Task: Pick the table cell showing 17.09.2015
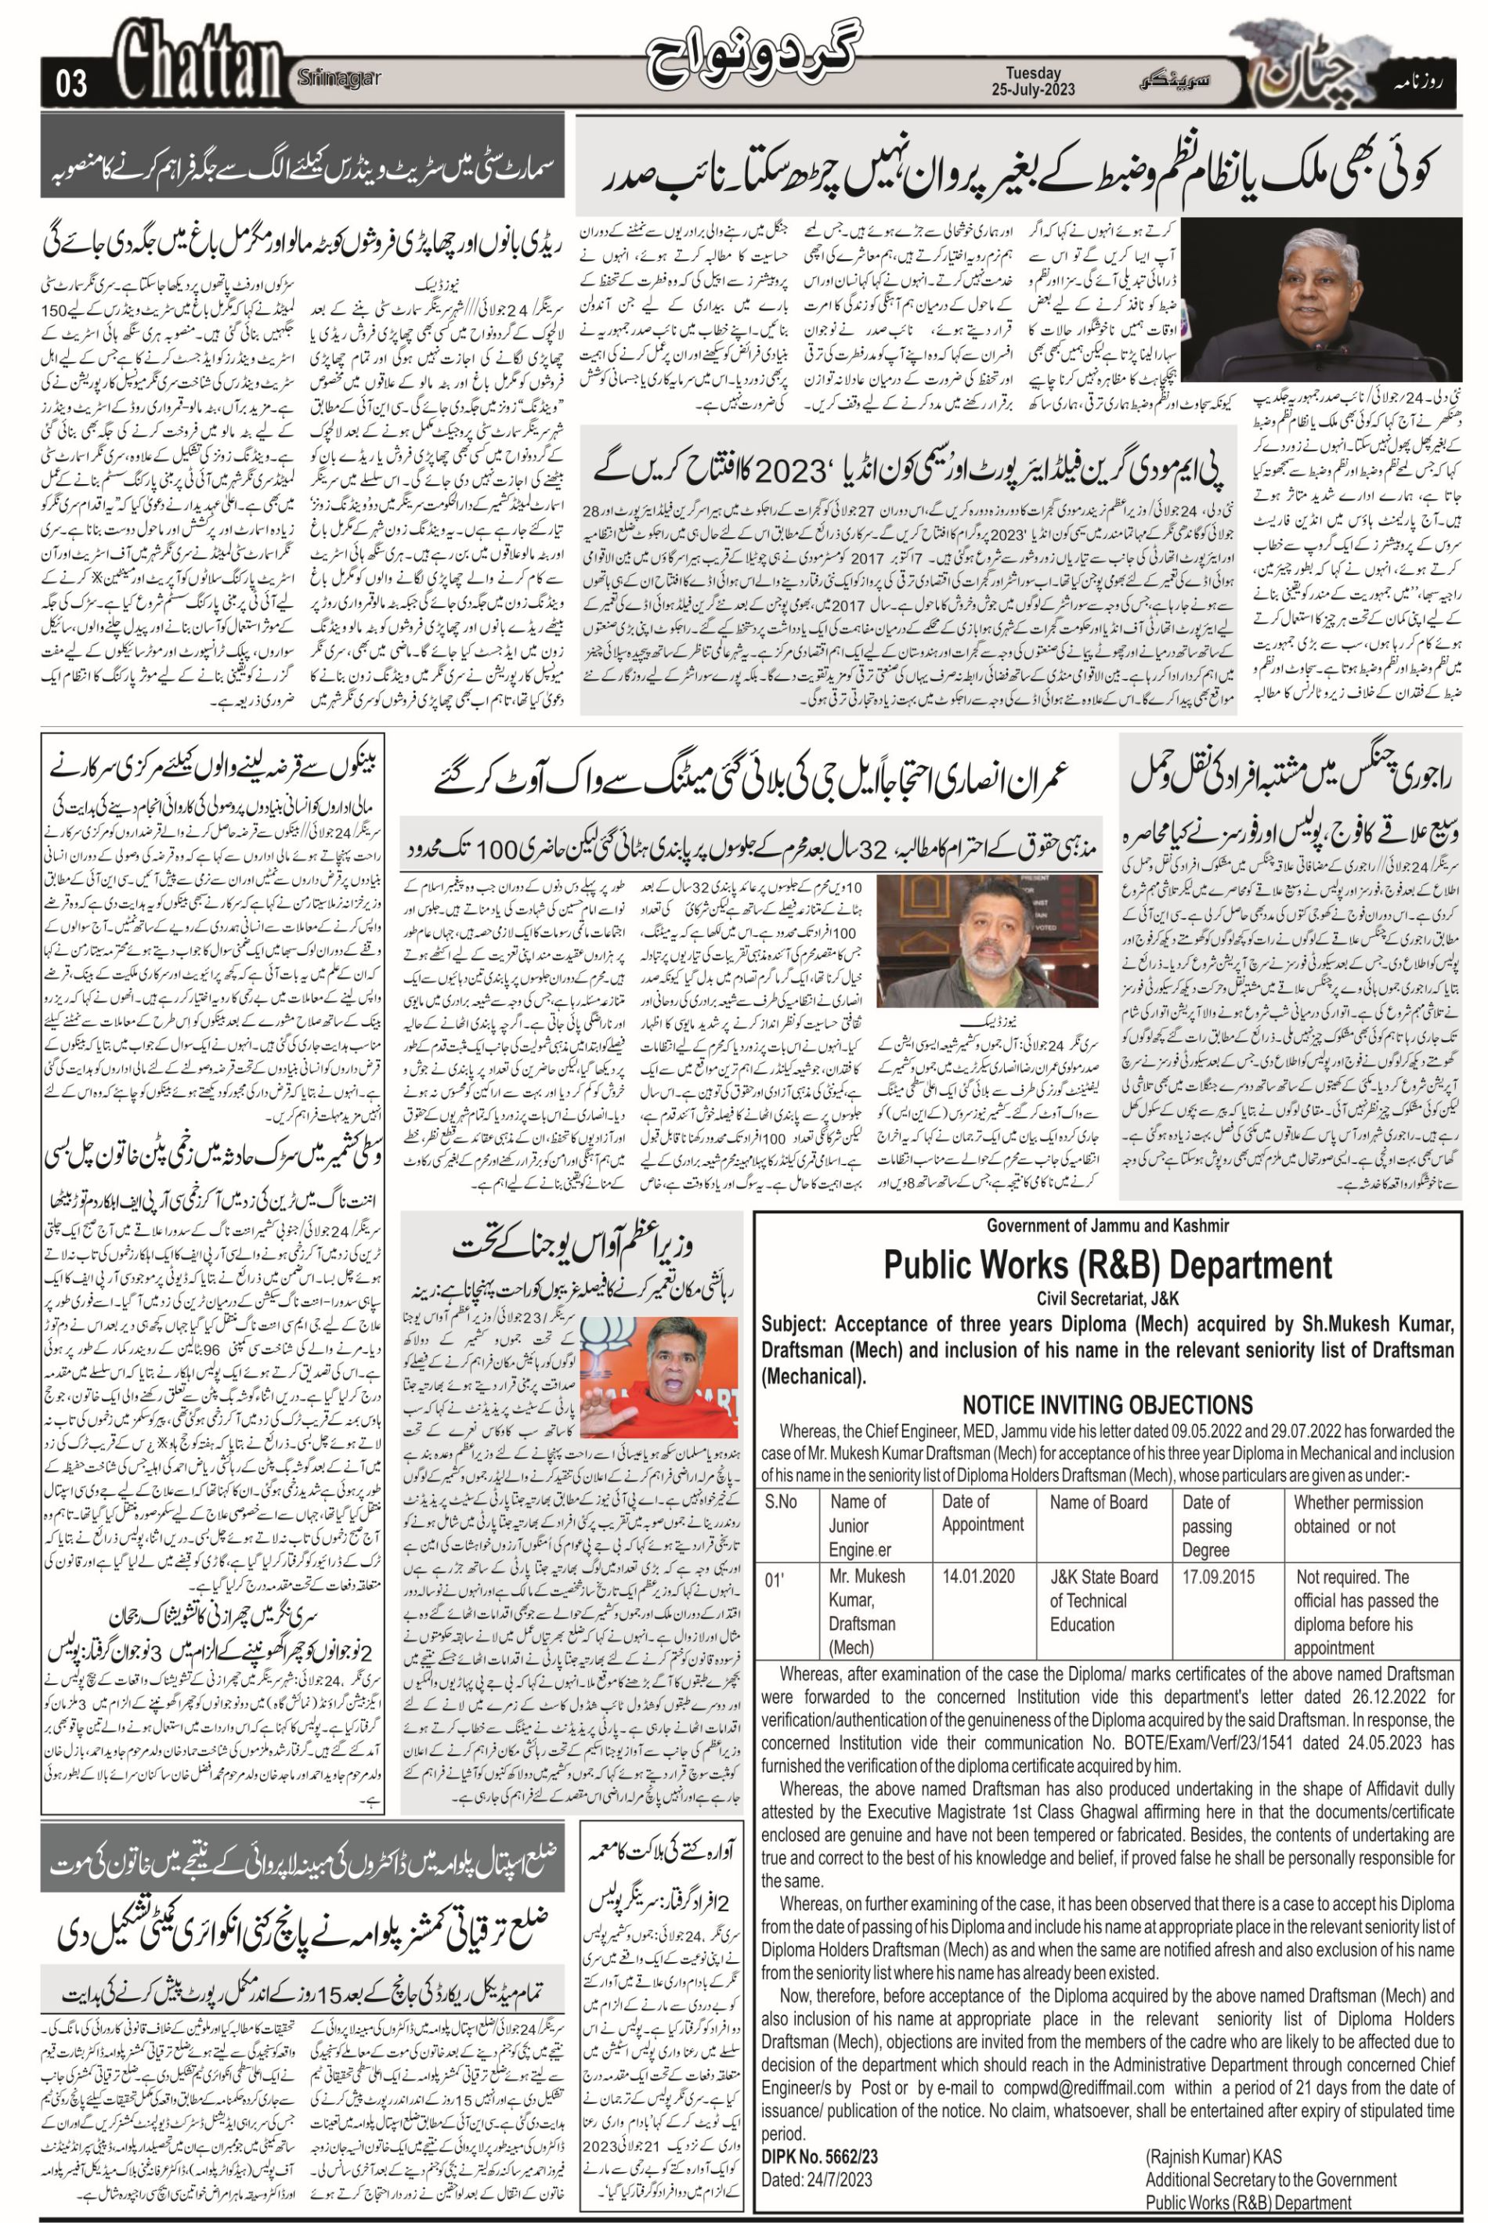[1219, 1577]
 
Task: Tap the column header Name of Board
[1098, 1502]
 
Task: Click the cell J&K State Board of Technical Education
[1103, 1600]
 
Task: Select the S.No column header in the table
[780, 1502]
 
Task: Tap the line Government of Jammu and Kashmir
[1107, 1225]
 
